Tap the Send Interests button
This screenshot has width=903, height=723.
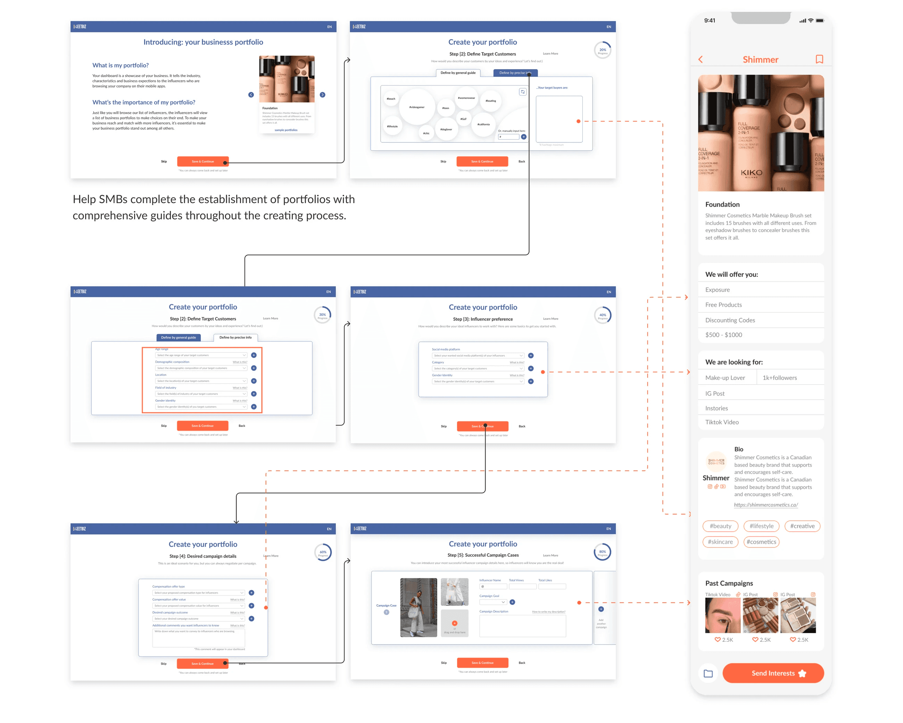(x=773, y=673)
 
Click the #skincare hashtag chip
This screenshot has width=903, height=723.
(x=720, y=542)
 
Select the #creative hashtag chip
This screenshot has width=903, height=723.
(x=802, y=526)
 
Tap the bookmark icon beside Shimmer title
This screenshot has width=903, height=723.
(x=819, y=59)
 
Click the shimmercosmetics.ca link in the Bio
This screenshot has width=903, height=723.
(x=765, y=505)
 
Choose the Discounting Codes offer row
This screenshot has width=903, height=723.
(x=730, y=320)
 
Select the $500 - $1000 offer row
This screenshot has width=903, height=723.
(x=723, y=335)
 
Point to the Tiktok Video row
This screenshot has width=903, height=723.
(x=722, y=422)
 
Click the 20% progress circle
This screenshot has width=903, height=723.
(x=602, y=50)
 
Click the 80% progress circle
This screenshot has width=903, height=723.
(x=602, y=552)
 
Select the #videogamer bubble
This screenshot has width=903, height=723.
(x=417, y=107)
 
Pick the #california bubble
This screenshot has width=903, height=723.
(x=483, y=124)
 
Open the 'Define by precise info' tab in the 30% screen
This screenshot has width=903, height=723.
(x=235, y=337)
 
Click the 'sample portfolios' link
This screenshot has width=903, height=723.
(x=286, y=130)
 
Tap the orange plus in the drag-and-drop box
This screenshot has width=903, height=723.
(x=454, y=623)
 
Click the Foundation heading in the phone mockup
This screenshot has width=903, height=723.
(x=722, y=205)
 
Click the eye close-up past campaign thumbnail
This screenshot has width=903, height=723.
(x=722, y=615)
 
